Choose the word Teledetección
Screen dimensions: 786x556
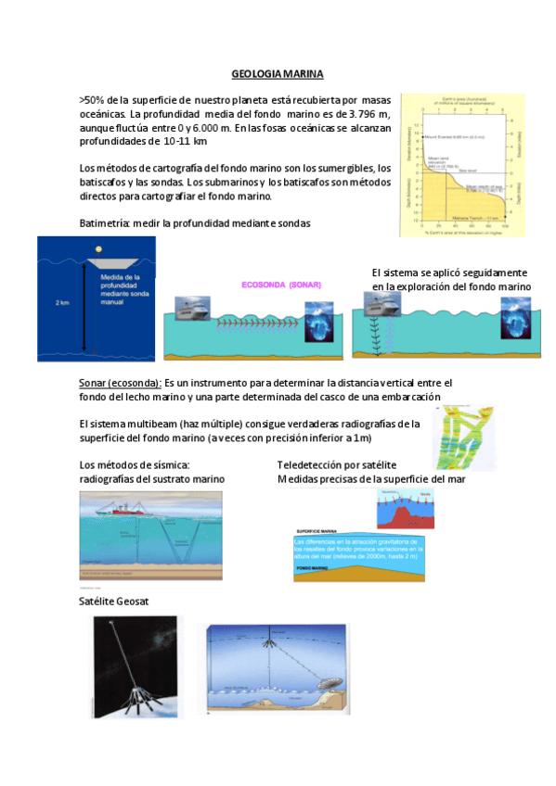coord(316,464)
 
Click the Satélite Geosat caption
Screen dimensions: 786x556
coord(115,602)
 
